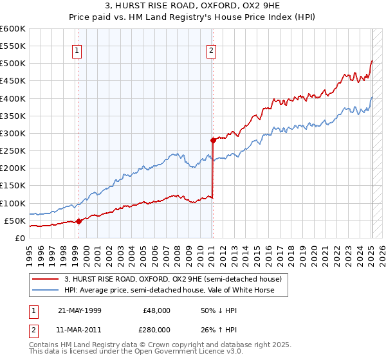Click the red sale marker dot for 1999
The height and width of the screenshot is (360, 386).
(x=78, y=221)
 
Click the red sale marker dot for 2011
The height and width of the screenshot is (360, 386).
(x=213, y=139)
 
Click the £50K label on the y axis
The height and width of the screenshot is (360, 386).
(x=15, y=221)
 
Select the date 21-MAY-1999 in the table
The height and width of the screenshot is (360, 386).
(x=79, y=310)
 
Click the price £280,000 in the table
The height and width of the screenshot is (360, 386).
(x=156, y=329)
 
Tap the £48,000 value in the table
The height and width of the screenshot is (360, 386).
(x=156, y=310)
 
